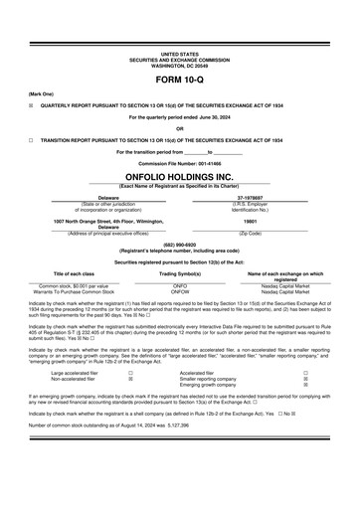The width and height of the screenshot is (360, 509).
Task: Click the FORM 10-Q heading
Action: pos(180,77)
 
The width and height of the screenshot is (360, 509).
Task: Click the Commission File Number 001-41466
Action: pos(180,162)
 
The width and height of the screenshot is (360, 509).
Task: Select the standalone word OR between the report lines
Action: pos(180,128)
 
